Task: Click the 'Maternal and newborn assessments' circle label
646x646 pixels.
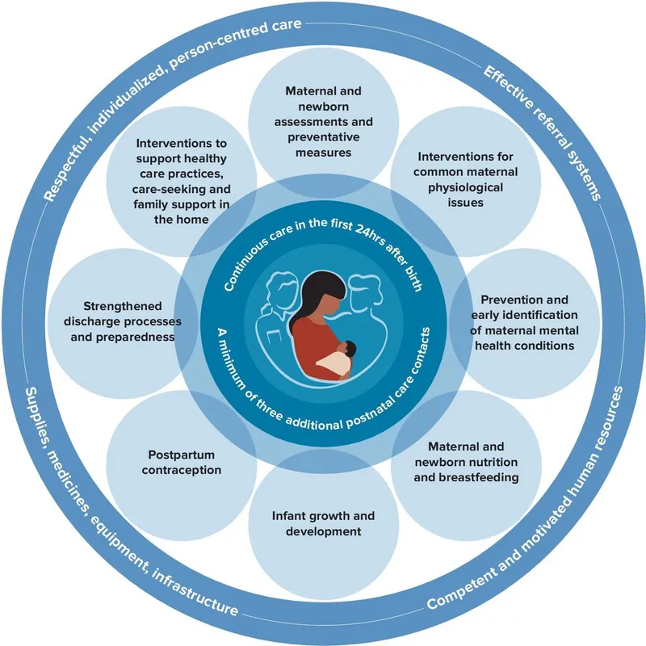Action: pyautogui.click(x=323, y=120)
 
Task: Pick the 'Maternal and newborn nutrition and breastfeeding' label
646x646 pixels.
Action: pyautogui.click(x=466, y=462)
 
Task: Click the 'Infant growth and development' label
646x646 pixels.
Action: pyautogui.click(x=323, y=523)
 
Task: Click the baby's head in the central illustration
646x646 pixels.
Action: pyautogui.click(x=347, y=350)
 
